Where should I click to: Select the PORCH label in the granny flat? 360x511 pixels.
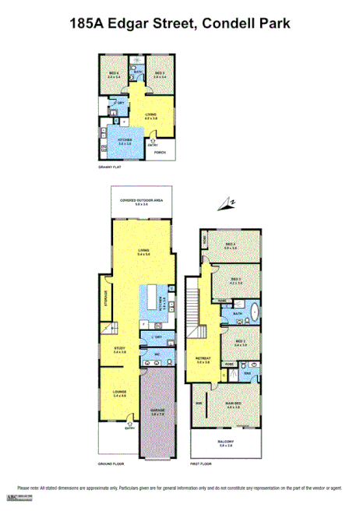point(159,152)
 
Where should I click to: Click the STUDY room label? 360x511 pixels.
point(119,349)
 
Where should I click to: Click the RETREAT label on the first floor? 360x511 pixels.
point(203,359)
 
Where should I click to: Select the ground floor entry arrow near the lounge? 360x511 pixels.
point(129,425)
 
